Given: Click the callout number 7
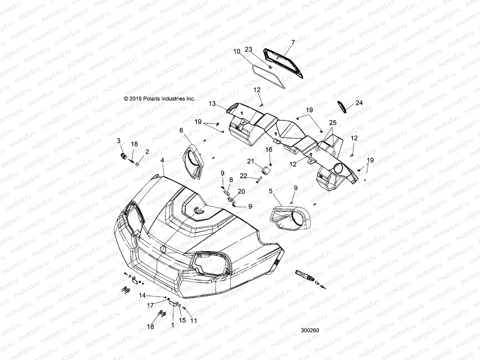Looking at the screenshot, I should click(293, 43).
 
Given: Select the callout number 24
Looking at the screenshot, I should click(359, 103).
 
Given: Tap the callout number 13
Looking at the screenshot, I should click(212, 104).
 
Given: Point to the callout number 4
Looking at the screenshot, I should click(162, 160).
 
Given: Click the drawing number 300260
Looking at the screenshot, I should click(310, 331).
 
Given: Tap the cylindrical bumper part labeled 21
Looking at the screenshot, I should click(265, 171).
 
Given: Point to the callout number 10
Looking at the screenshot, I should click(245, 51).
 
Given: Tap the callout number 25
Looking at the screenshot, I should click(333, 123).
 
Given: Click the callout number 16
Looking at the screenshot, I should click(268, 149).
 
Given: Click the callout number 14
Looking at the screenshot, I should click(142, 295).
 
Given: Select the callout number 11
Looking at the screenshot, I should click(194, 321).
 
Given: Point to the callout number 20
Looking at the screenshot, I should click(241, 192).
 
